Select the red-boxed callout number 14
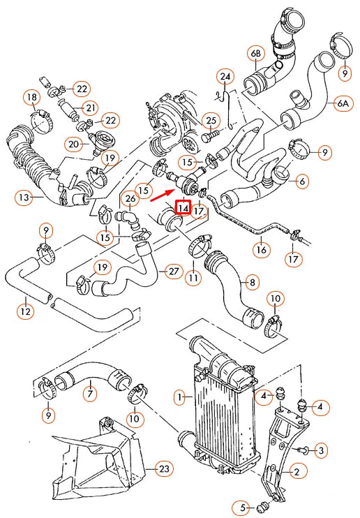pos(183,207)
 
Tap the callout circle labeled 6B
pos(255,53)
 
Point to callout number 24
pos(225,76)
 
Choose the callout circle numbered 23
pos(163,469)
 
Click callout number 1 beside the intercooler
pos(179,398)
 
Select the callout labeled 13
pos(24,198)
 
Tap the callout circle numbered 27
pos(172,270)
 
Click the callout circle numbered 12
pos(26,311)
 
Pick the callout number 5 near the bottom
pos(243,507)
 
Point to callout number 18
pos(31,96)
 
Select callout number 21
pos(90,108)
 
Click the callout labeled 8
pos(250,283)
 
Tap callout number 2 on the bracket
pos(296,473)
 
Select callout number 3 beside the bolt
pos(321,450)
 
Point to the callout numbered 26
pos(130,198)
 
